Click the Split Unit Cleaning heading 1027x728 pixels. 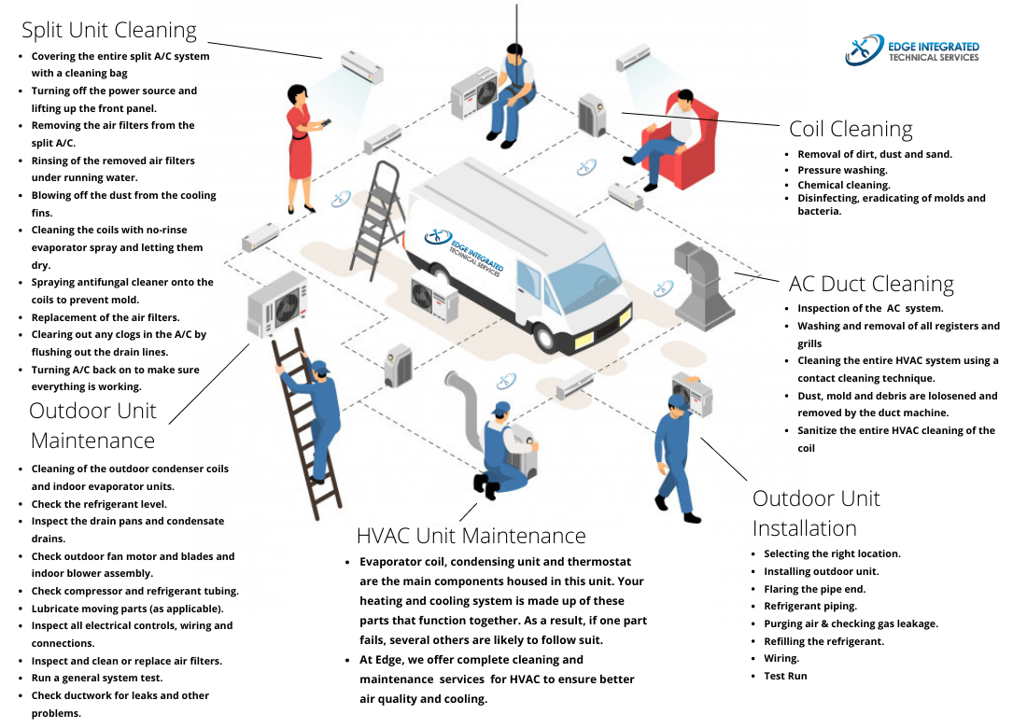click(109, 30)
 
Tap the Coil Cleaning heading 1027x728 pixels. click(851, 129)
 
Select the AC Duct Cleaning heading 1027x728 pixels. click(871, 284)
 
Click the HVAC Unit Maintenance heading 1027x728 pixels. click(471, 536)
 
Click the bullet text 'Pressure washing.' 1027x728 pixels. click(842, 171)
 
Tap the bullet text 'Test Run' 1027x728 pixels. click(785, 676)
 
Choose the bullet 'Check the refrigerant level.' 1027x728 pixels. click(99, 504)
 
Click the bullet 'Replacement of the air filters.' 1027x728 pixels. click(106, 317)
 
